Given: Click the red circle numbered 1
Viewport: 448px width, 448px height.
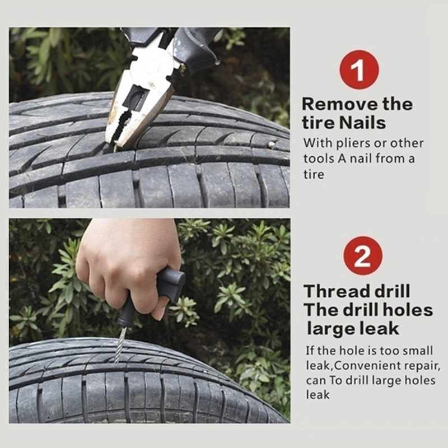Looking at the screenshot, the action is point(359,69).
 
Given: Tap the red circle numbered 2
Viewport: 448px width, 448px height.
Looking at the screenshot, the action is point(363,256).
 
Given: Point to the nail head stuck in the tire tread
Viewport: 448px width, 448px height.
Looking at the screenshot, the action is point(272,145).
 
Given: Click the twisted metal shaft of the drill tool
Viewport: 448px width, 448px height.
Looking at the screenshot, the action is point(120,345).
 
